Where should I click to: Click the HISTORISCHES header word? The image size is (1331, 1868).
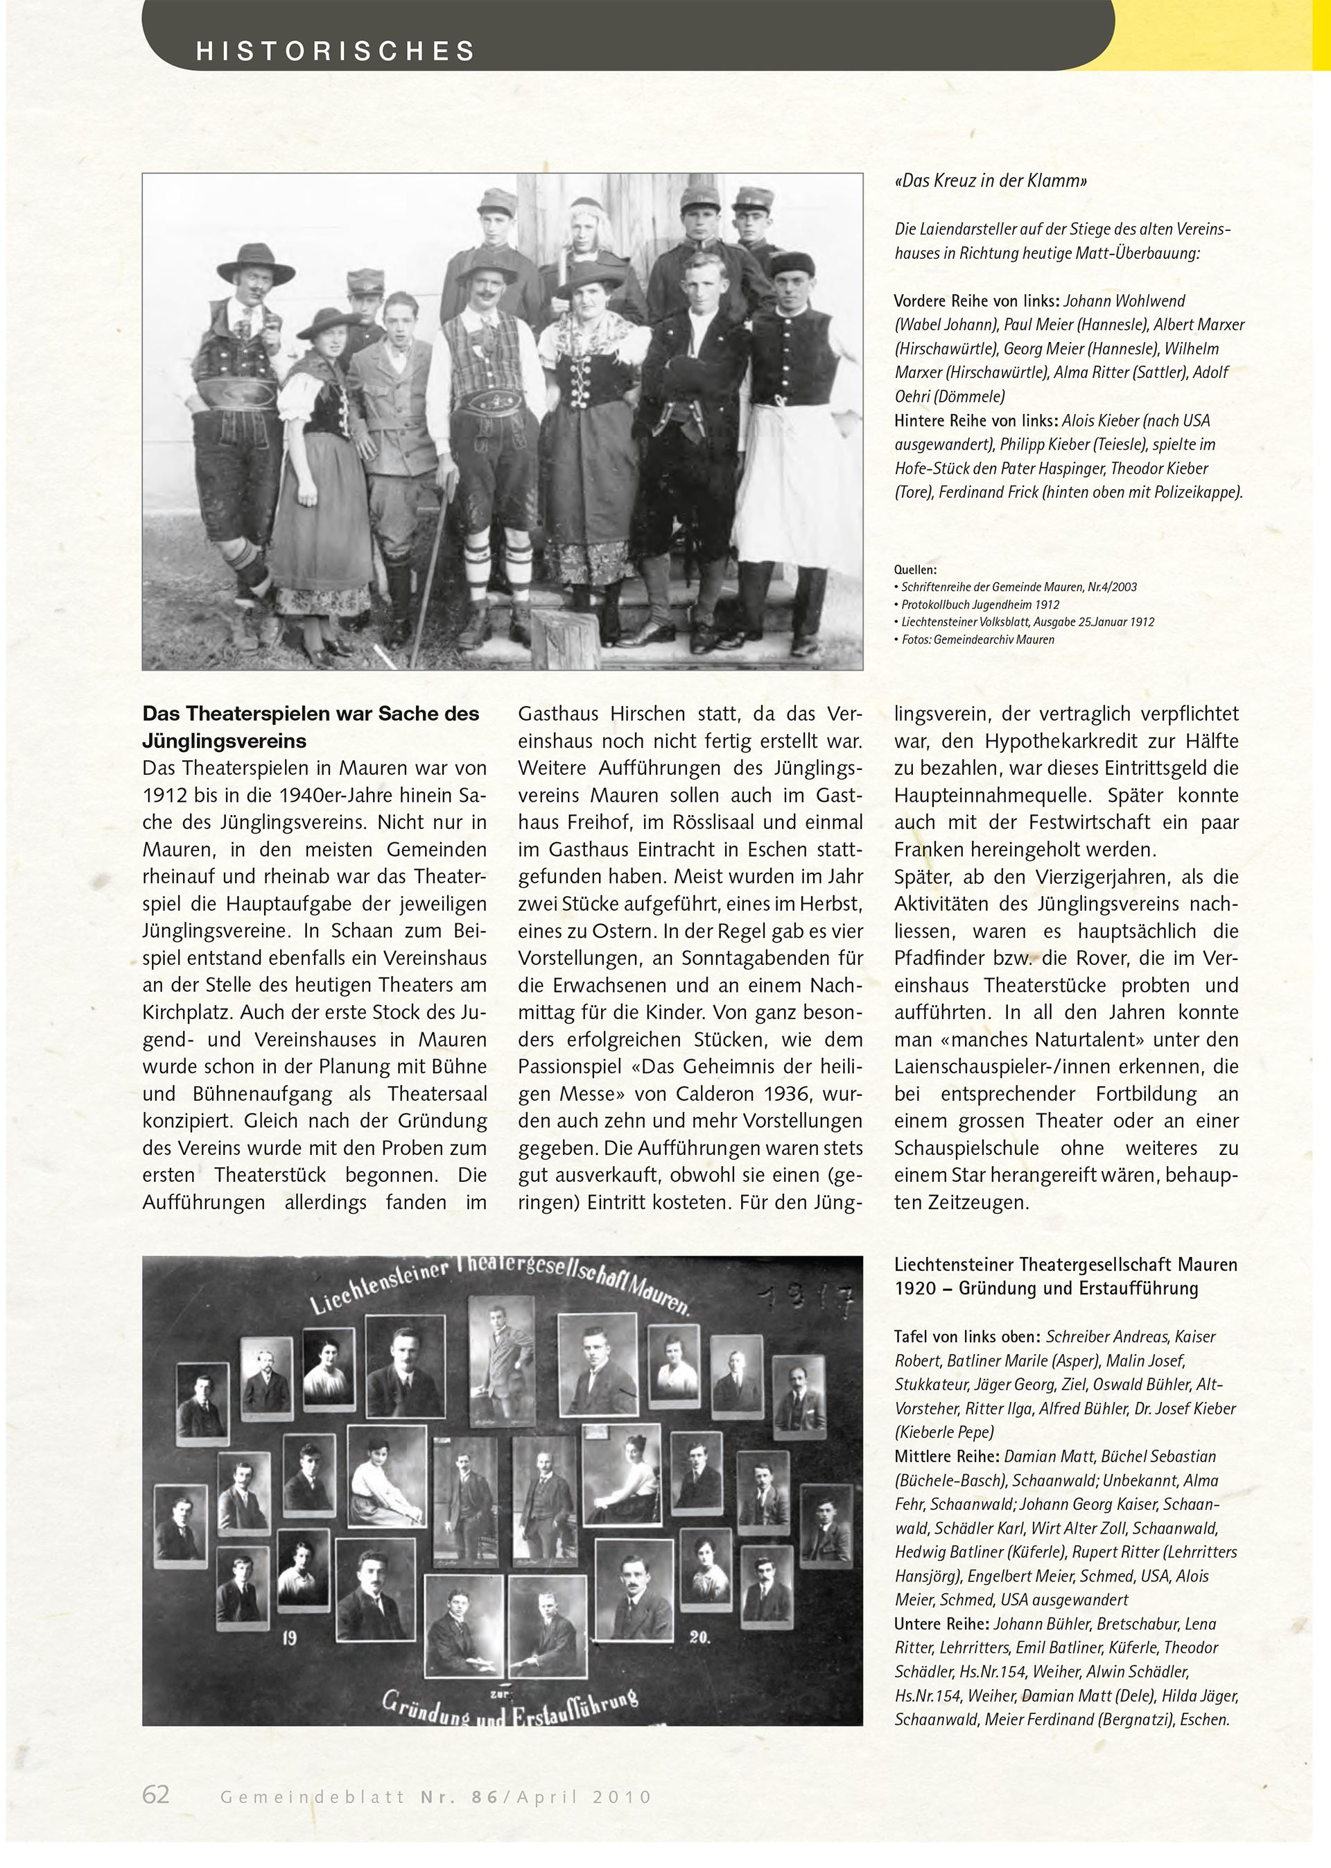tap(336, 51)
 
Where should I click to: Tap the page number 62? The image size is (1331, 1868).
tap(156, 1794)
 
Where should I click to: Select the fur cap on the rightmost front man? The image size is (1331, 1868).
tap(792, 264)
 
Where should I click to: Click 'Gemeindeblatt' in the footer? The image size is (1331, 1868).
tap(311, 1797)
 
